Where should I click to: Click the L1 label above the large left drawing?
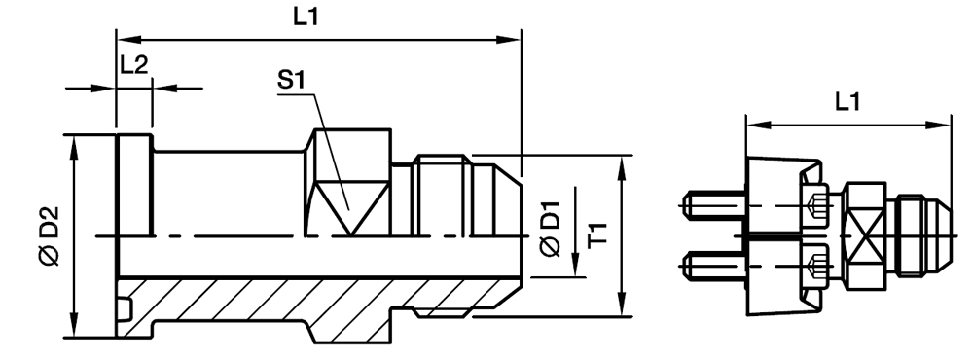(x=314, y=17)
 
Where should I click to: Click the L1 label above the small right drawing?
(x=847, y=101)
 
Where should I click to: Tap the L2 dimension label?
(x=133, y=66)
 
